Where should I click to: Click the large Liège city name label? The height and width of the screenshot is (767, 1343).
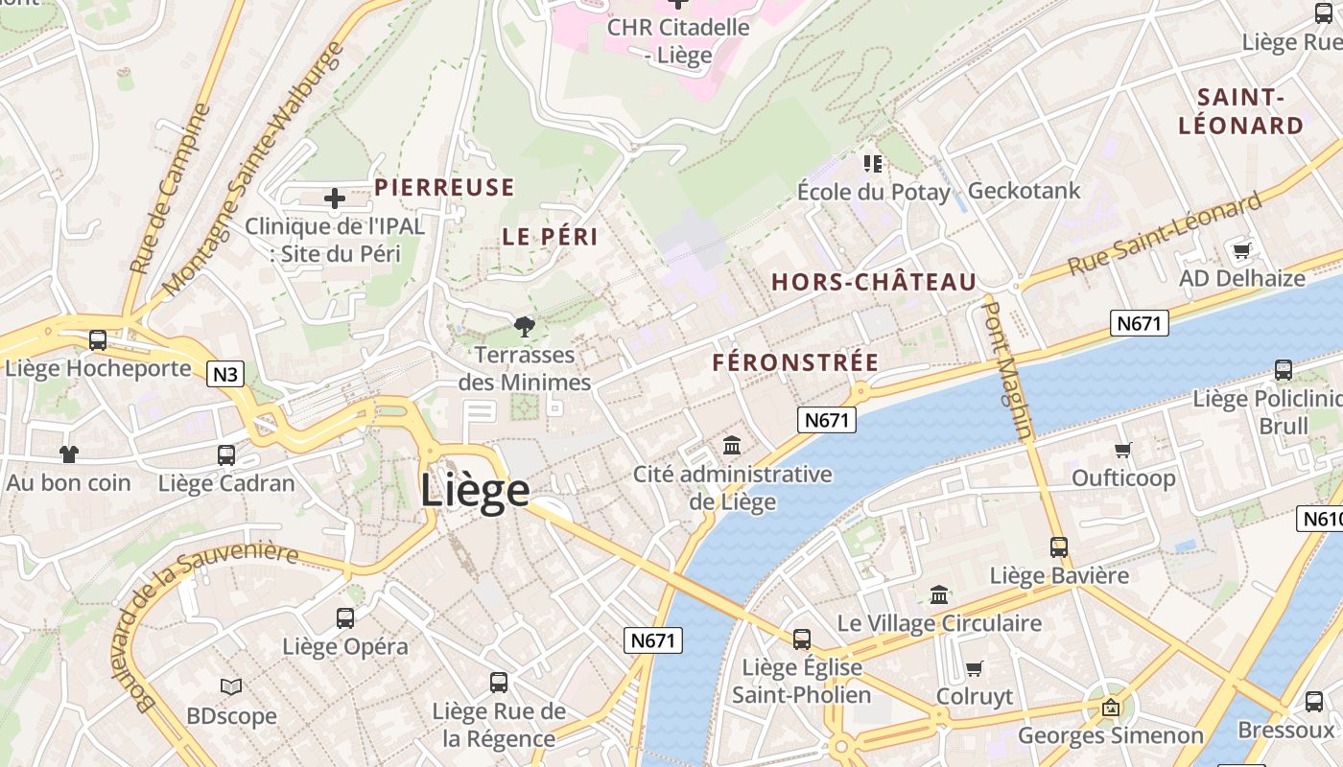pyautogui.click(x=475, y=490)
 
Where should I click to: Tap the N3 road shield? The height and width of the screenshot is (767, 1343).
pyautogui.click(x=224, y=374)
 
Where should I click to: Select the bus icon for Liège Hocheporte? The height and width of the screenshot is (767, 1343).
pyautogui.click(x=98, y=340)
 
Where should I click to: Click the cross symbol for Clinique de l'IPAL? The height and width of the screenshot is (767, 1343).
pyautogui.click(x=335, y=198)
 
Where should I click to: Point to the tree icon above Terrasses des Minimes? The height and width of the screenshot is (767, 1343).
pyautogui.click(x=524, y=327)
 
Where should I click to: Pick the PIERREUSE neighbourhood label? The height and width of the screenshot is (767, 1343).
pyautogui.click(x=444, y=188)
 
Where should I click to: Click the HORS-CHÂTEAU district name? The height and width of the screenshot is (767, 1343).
pyautogui.click(x=874, y=282)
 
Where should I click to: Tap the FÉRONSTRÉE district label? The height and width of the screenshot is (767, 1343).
pyautogui.click(x=795, y=362)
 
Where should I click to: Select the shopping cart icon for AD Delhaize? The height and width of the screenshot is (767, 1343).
pyautogui.click(x=1242, y=250)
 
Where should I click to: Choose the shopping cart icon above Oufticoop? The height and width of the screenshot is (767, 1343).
pyautogui.click(x=1123, y=450)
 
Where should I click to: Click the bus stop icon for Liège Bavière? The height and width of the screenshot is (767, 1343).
pyautogui.click(x=1059, y=547)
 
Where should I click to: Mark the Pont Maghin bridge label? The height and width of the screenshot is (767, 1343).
pyautogui.click(x=1010, y=370)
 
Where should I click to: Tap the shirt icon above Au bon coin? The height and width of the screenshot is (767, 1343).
pyautogui.click(x=69, y=453)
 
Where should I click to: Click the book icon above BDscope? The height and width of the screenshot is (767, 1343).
pyautogui.click(x=231, y=686)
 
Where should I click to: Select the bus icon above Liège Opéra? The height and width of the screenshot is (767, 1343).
pyautogui.click(x=345, y=618)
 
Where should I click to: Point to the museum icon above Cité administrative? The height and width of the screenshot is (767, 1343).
pyautogui.click(x=733, y=445)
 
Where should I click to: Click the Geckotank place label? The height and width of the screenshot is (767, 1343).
pyautogui.click(x=1024, y=191)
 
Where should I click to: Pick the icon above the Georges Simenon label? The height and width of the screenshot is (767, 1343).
pyautogui.click(x=1111, y=709)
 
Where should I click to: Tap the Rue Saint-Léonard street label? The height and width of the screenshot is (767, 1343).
pyautogui.click(x=1165, y=233)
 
